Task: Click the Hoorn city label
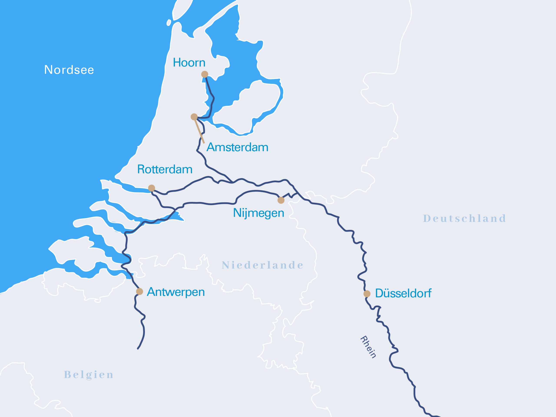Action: (189, 63)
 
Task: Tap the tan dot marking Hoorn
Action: (205, 74)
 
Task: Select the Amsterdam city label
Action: (237, 147)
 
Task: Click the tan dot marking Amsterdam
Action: (194, 117)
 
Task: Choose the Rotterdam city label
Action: (165, 169)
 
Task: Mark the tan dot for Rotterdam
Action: (152, 188)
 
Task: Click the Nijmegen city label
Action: (258, 213)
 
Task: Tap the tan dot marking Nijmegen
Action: (281, 200)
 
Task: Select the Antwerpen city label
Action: (176, 292)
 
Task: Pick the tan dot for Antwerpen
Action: (139, 291)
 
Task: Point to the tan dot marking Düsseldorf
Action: (367, 294)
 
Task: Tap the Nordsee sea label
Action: (69, 70)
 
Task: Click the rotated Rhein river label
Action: (368, 347)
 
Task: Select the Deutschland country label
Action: (465, 218)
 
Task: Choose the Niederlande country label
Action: (262, 265)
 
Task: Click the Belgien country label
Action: (89, 375)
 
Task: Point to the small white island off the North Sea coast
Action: (169, 23)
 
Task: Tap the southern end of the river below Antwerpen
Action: (138, 348)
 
